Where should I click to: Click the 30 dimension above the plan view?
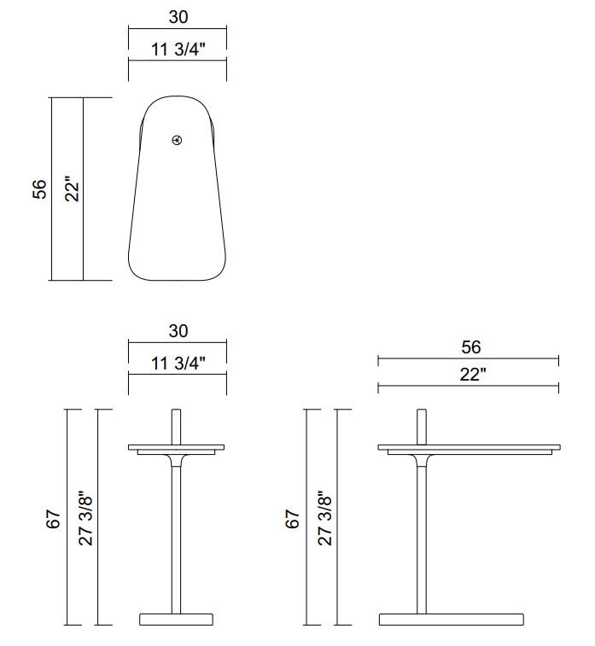point(178,17)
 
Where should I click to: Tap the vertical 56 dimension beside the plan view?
point(39,189)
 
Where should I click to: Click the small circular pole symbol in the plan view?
point(177,140)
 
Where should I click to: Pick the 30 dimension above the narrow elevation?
point(178,331)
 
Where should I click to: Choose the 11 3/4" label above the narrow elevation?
point(178,363)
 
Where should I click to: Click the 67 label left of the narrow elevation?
point(53,518)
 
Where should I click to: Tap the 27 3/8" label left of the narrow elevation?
point(85,518)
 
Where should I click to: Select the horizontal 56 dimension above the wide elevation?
point(470,346)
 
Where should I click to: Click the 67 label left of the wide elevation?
point(293,518)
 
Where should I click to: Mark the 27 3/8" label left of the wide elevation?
point(325,518)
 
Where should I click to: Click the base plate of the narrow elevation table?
point(177,619)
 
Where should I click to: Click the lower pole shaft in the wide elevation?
point(422,546)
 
